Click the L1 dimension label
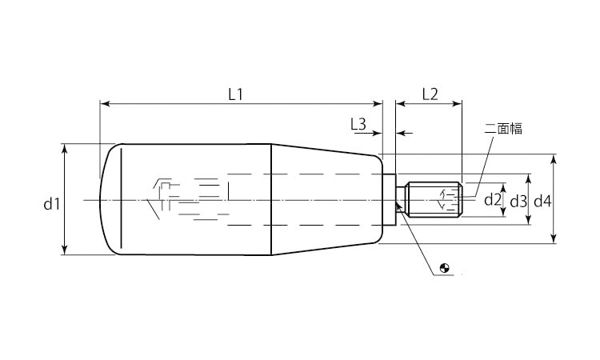(236, 94)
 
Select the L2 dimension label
(430, 94)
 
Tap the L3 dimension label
(358, 124)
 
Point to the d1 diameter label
(52, 204)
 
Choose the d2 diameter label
(493, 200)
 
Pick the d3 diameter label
(518, 201)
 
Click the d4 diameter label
(542, 201)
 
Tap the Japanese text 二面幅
(503, 129)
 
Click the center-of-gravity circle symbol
(445, 268)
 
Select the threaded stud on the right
(434, 199)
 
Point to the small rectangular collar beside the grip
(389, 199)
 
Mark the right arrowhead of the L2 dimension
(458, 103)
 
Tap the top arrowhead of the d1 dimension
(65, 149)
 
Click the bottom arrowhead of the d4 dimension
(554, 238)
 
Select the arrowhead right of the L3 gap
(401, 133)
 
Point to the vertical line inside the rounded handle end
(122, 198)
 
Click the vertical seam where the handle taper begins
(271, 199)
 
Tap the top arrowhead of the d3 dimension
(529, 178)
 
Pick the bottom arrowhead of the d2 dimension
(503, 211)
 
